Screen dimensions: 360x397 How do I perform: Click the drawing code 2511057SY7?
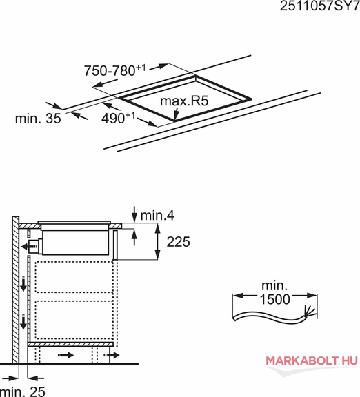pyautogui.click(x=320, y=6)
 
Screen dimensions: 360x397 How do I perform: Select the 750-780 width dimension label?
pyautogui.click(x=115, y=70)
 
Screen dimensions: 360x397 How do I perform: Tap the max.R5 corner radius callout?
pyautogui.click(x=184, y=101)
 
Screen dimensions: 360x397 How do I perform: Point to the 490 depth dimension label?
pyautogui.click(x=119, y=118)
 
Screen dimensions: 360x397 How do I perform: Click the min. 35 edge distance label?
pyautogui.click(x=38, y=119)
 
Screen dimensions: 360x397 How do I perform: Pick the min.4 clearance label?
pyautogui.click(x=157, y=216)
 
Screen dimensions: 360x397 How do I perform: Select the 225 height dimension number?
pyautogui.click(x=178, y=242)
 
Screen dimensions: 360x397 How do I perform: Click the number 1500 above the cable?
pyautogui.click(x=275, y=299)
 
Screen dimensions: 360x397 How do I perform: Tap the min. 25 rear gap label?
pyautogui.click(x=23, y=391)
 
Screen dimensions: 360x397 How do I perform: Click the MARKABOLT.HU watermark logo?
pyautogui.click(x=312, y=360)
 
